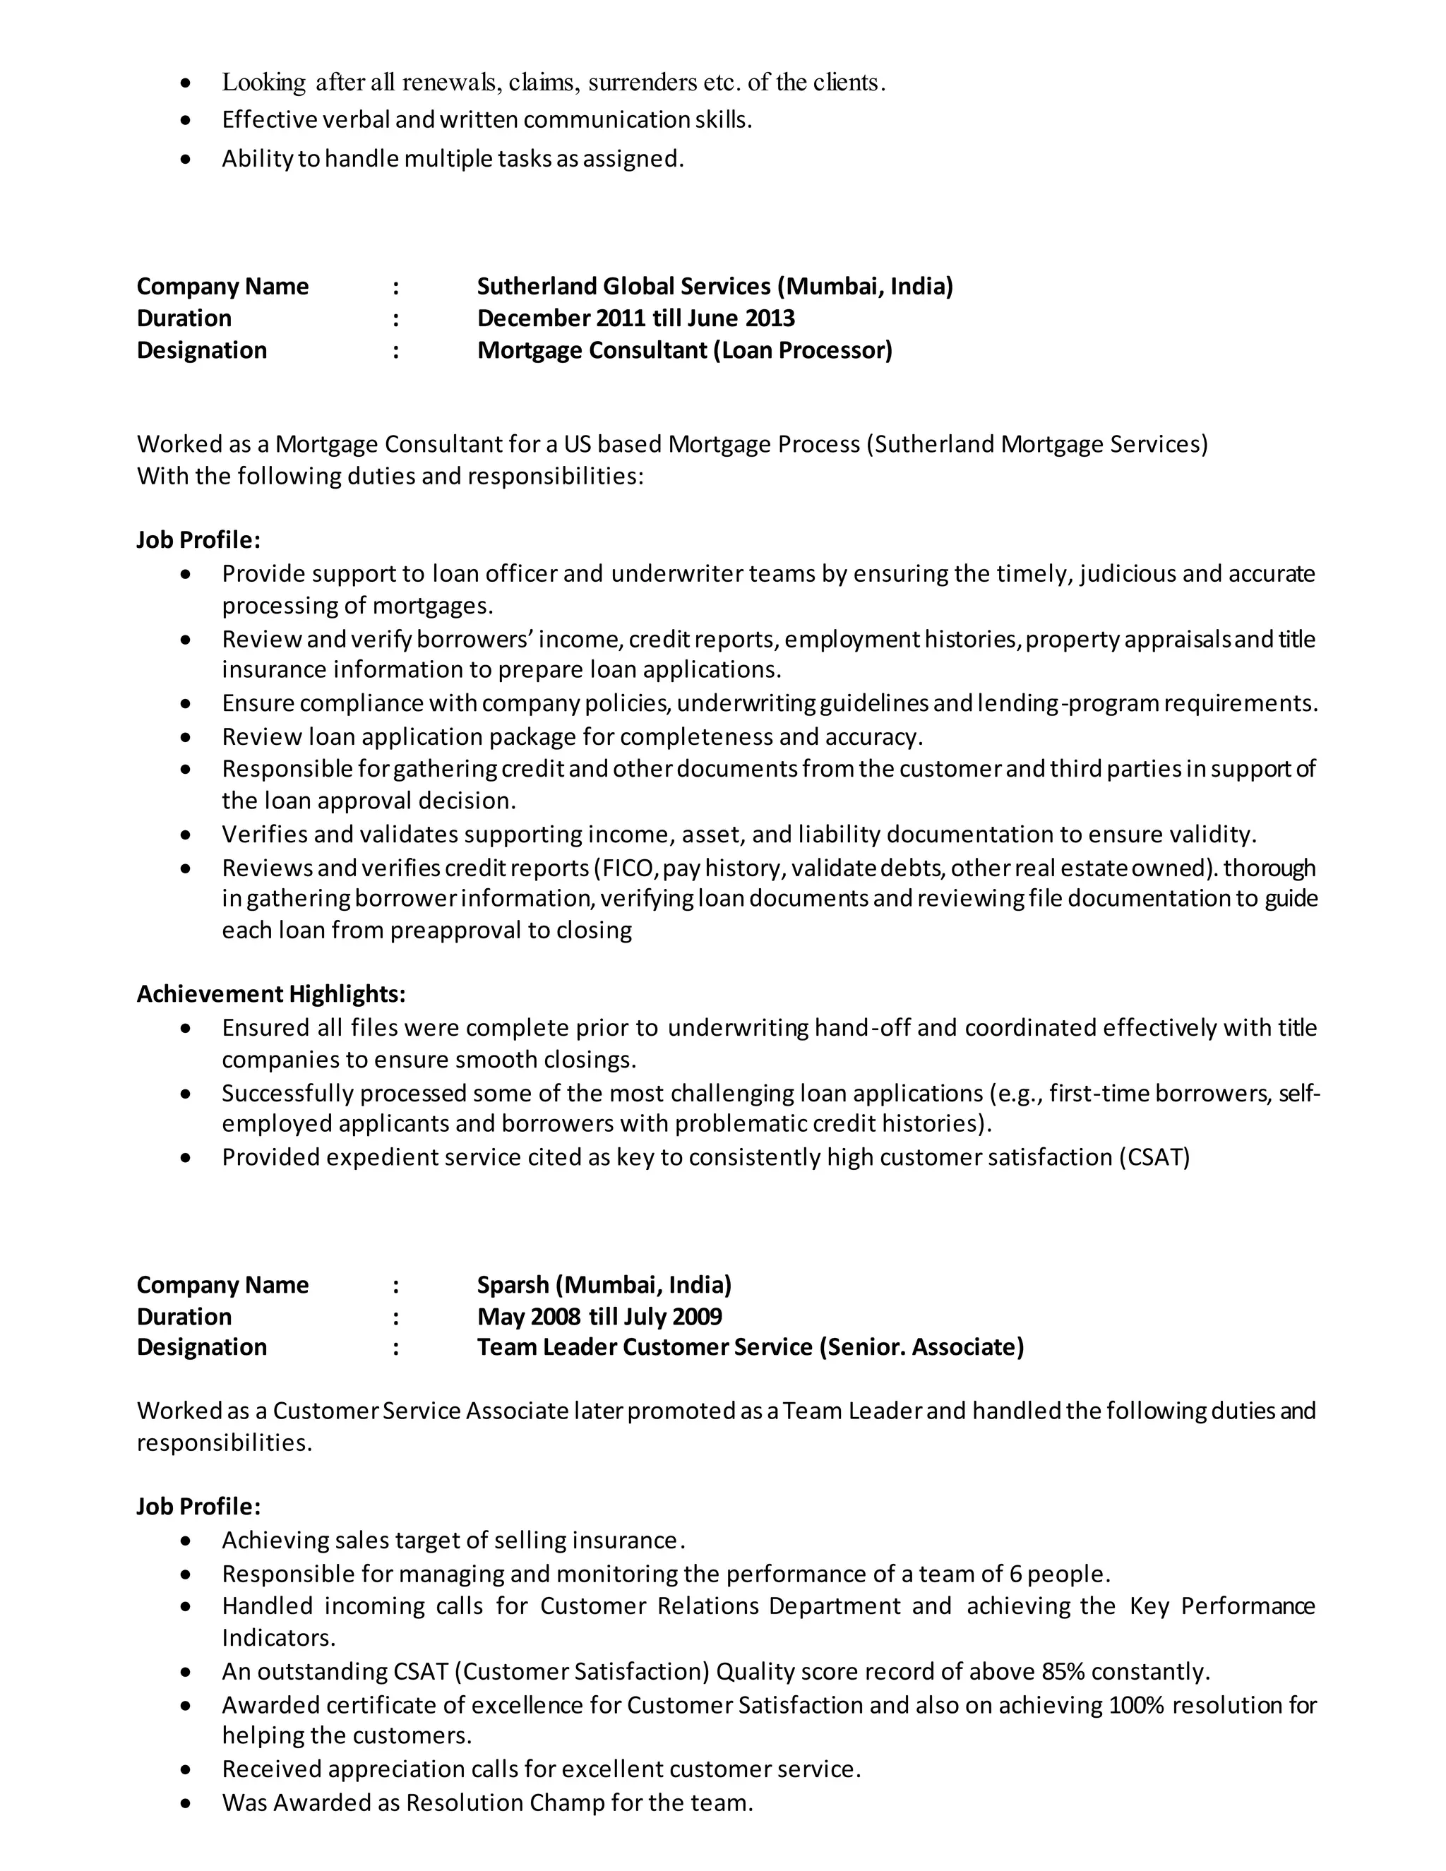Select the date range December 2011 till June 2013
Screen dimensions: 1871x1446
[x=635, y=318]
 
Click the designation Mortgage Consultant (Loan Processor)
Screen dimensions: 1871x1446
[x=684, y=350]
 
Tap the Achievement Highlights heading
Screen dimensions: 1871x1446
[x=270, y=994]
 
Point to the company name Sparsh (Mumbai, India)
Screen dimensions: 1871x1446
[x=604, y=1285]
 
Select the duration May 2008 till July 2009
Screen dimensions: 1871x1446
[x=599, y=1317]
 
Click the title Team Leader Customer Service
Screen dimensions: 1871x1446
[x=644, y=1348]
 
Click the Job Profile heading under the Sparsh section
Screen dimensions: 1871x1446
[x=198, y=1507]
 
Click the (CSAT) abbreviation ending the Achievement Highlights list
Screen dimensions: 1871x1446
[x=1154, y=1157]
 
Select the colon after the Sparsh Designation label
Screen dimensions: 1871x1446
[x=396, y=1348]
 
